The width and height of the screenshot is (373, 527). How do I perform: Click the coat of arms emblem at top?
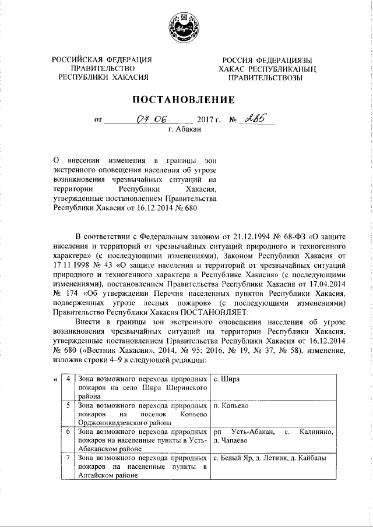click(x=186, y=29)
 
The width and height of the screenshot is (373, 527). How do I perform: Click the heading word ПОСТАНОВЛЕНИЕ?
click(x=186, y=100)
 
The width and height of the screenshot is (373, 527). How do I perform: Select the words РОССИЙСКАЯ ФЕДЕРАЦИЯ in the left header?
click(x=102, y=60)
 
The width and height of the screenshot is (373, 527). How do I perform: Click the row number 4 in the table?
click(x=69, y=379)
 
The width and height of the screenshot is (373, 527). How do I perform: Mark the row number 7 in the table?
click(x=69, y=458)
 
